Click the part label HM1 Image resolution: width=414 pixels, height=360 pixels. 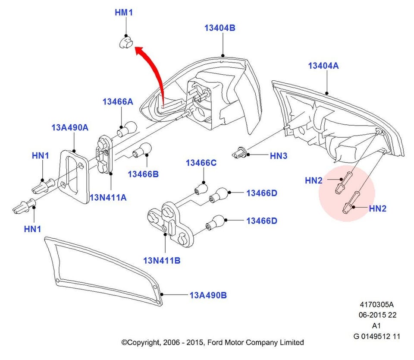pos(123,13)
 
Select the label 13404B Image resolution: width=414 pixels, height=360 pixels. pos(220,28)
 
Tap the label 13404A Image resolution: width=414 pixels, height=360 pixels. pos(323,66)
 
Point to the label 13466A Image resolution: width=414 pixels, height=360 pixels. pos(118,102)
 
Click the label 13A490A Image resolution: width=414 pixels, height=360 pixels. pos(70,127)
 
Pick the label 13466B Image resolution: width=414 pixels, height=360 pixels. pos(143,174)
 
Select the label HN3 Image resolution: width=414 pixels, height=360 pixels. pos(278,156)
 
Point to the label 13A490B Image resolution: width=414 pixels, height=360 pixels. pos(208,295)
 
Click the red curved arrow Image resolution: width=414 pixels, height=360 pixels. pos(153,69)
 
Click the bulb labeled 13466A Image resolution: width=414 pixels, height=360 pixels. pos(128,129)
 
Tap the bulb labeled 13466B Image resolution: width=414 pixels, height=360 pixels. pos(142,149)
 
